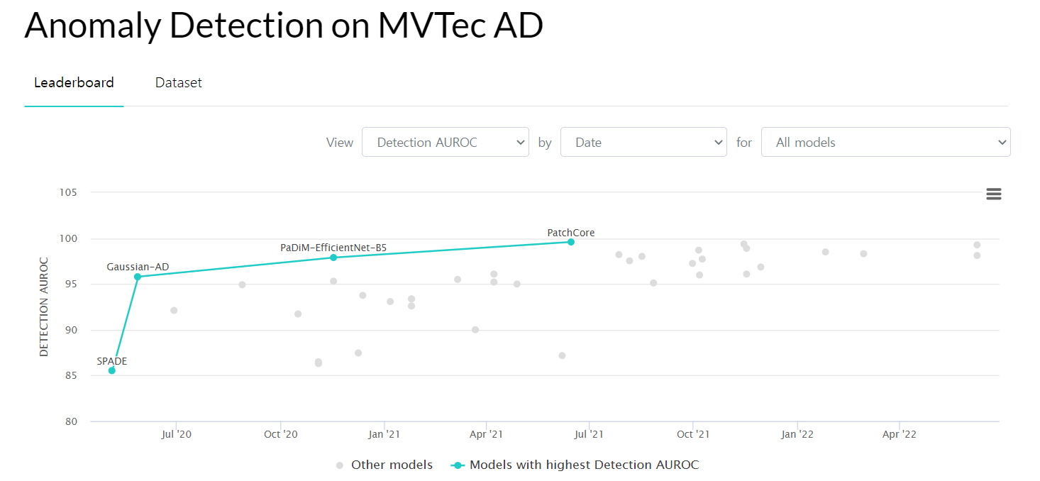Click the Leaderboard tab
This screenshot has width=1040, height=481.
[x=74, y=83]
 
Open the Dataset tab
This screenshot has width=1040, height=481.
[x=179, y=83]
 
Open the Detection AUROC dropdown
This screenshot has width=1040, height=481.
[x=445, y=142]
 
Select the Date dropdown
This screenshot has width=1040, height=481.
[x=643, y=142]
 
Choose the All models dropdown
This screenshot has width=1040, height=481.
[x=885, y=142]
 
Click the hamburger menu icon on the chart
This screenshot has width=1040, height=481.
[x=993, y=194]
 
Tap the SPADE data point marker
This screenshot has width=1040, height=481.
[x=112, y=370]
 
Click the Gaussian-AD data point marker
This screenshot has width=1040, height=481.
[x=138, y=277]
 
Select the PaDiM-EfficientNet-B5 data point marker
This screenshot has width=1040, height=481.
[x=333, y=258]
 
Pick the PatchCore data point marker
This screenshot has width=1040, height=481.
[x=570, y=242]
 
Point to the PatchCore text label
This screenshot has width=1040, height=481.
[x=570, y=233]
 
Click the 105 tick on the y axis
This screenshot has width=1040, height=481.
[x=68, y=192]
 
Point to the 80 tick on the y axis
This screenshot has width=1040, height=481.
[x=71, y=421]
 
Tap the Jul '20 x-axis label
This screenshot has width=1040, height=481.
[x=176, y=434]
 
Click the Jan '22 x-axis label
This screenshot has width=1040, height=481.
[x=797, y=434]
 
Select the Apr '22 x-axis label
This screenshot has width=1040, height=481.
[x=900, y=434]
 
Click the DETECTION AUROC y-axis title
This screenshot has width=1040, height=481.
[x=44, y=306]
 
